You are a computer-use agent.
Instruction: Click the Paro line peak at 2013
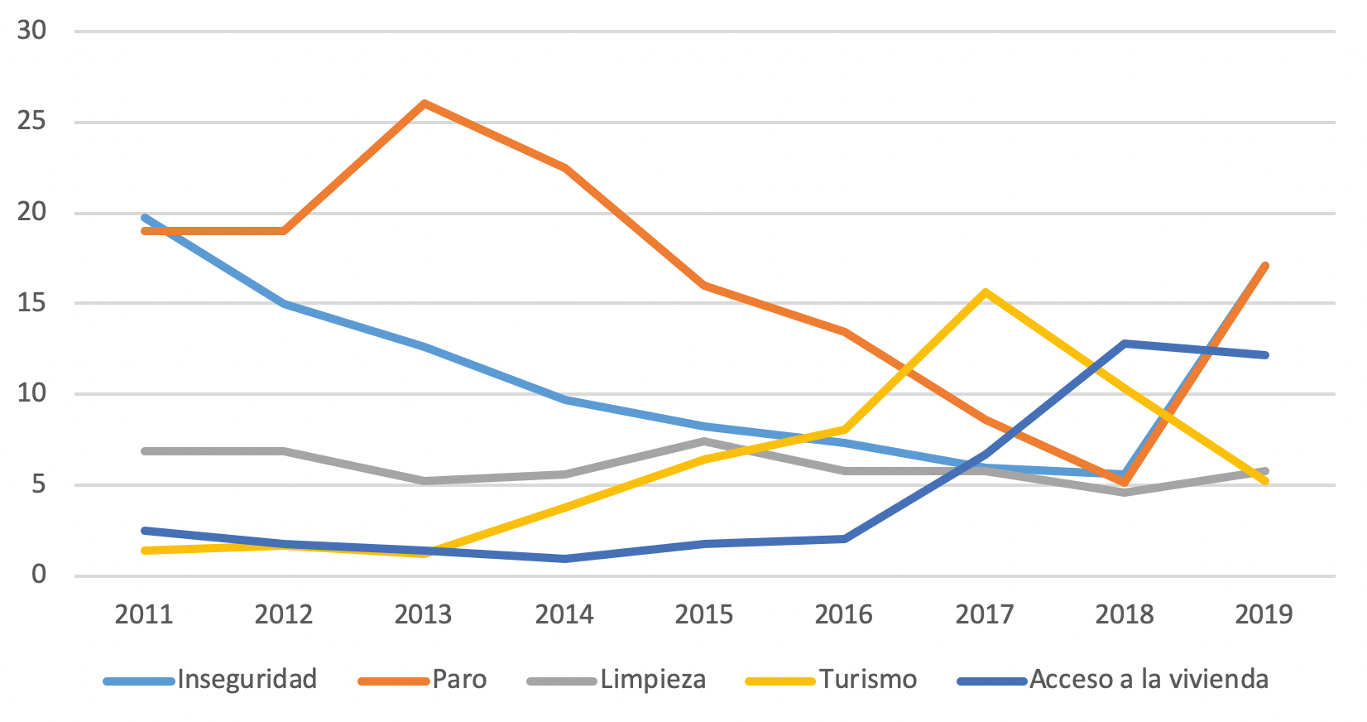(x=424, y=103)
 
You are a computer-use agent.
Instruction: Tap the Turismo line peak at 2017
(x=985, y=292)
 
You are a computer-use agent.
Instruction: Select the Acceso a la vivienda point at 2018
(x=1125, y=344)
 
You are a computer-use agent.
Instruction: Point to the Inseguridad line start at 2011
(x=145, y=218)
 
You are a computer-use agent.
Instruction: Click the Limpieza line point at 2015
(x=704, y=441)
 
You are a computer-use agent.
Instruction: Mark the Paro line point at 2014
(x=564, y=168)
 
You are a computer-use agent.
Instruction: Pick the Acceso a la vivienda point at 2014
(x=564, y=559)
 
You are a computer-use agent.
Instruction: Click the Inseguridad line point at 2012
(x=285, y=304)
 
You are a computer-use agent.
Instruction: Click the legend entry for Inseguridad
(x=247, y=680)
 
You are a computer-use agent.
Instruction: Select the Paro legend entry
(x=459, y=680)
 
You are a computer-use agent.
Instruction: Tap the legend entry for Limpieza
(x=653, y=680)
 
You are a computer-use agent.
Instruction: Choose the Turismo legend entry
(x=868, y=680)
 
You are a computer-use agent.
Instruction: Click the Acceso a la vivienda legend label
(x=1149, y=680)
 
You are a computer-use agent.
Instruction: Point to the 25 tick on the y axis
(x=32, y=122)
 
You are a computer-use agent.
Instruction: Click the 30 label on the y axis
(x=32, y=31)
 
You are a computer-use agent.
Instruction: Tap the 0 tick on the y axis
(x=39, y=575)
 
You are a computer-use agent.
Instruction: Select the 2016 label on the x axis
(x=844, y=614)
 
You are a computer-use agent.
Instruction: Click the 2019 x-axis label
(x=1264, y=614)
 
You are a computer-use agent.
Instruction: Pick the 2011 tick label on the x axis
(x=144, y=614)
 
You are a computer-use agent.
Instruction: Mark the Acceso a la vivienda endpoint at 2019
(x=1264, y=355)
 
